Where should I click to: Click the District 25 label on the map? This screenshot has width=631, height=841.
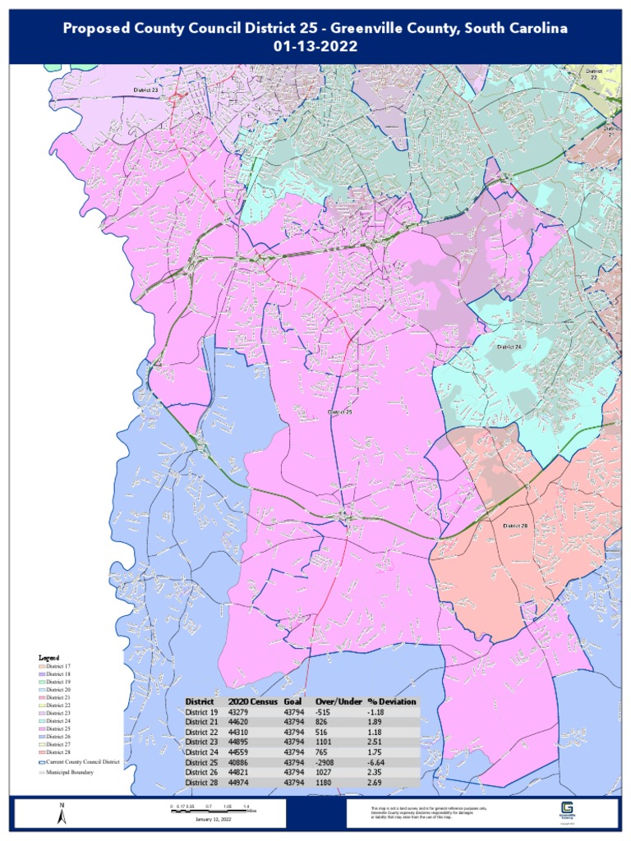point(339,411)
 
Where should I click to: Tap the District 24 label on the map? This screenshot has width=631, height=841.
point(509,347)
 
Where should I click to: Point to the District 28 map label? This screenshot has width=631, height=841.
point(515,526)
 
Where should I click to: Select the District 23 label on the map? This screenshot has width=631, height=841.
point(145,89)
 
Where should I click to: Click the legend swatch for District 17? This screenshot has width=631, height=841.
point(42,666)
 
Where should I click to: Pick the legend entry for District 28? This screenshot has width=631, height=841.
point(58,752)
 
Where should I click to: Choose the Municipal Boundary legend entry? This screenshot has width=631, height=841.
point(70,772)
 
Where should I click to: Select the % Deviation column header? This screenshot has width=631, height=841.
point(392,701)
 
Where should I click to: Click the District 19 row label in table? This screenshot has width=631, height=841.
point(202,711)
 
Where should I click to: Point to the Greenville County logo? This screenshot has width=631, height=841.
point(566,810)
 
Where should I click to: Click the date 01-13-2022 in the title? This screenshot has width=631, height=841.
point(315,46)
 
